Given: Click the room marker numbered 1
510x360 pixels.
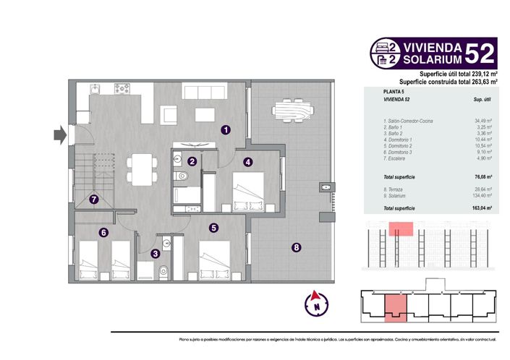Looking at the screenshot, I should click(226, 130).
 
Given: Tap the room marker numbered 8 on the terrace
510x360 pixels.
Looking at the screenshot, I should click(296, 248).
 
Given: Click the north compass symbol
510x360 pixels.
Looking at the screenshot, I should click(315, 304).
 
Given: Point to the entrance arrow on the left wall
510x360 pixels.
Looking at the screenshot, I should click(60, 134).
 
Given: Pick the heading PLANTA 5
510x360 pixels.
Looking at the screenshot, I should click(394, 93).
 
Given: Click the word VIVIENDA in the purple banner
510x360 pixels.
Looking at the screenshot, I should click(430, 45).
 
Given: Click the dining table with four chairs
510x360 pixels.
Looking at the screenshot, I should click(140, 169).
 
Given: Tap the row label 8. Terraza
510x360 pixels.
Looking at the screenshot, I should click(395, 189).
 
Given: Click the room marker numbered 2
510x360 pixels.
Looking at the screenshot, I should click(192, 162).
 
